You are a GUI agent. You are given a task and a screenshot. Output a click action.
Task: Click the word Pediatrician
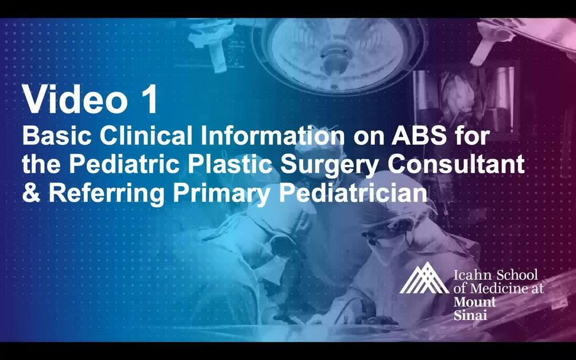pos(353,192)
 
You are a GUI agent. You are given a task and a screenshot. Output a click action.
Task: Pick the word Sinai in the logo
pos(468,315)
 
